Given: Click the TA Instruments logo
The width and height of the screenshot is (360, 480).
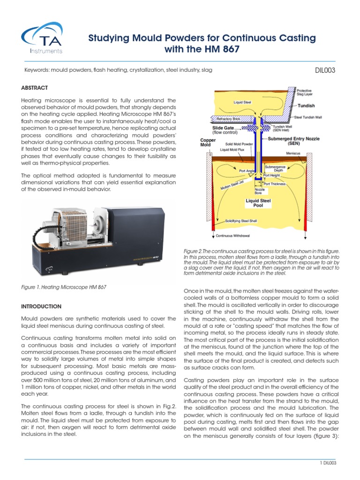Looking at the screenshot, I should (x=42, y=40).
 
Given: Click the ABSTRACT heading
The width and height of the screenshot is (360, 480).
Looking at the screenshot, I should (x=34, y=88).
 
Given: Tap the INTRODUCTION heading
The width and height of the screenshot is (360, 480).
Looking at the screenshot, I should (x=41, y=307).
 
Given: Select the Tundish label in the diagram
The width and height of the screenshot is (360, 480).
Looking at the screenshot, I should (x=306, y=105).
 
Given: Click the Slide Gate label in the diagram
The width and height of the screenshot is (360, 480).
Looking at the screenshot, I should (x=223, y=127).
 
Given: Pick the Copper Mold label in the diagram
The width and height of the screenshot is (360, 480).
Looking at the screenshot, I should (x=208, y=142).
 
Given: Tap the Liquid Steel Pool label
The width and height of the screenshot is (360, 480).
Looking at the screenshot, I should (x=259, y=202).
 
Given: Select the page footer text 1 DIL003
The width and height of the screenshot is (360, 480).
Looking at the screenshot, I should (x=326, y=463).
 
